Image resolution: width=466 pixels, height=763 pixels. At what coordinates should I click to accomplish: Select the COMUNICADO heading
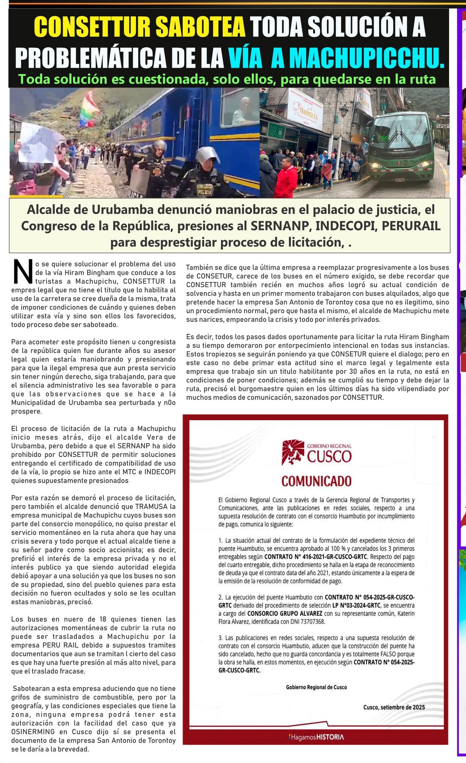tap(316, 481)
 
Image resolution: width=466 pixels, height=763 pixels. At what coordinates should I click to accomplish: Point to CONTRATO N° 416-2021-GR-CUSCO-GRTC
tap(316, 557)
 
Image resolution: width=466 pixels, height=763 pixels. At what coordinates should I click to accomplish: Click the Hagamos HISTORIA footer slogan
tap(316, 737)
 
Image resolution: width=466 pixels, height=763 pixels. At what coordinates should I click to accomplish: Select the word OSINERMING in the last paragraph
tap(33, 732)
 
